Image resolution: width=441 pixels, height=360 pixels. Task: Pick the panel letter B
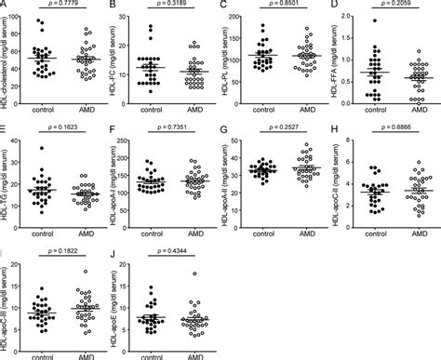[115, 7]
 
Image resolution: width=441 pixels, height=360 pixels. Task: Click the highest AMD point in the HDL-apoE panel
[193, 273]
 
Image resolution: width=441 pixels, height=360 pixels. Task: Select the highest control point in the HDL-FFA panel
[374, 20]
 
